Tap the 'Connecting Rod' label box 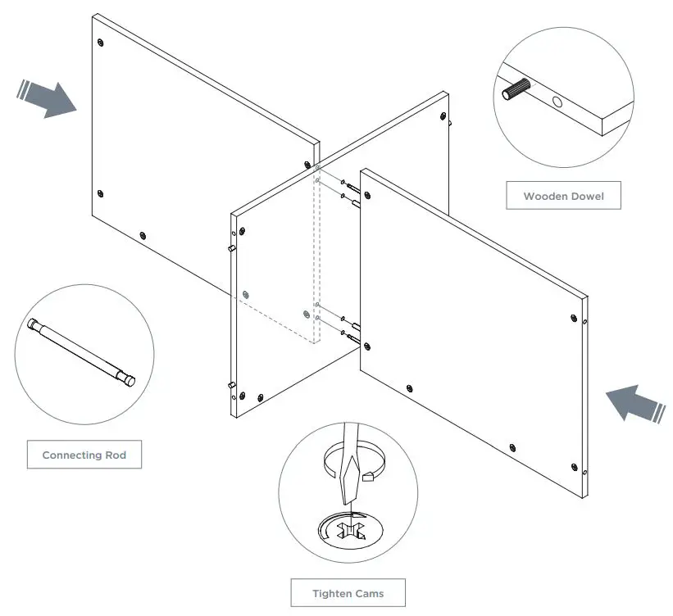click(x=84, y=455)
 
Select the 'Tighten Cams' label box click(x=348, y=592)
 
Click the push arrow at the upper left click(x=48, y=98)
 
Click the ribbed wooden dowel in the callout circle click(x=516, y=88)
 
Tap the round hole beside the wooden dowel click(x=558, y=103)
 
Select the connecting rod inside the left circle click(x=83, y=351)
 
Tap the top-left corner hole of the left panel click(x=100, y=42)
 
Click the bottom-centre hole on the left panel click(x=143, y=236)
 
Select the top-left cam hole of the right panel click(x=366, y=194)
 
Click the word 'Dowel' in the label click(x=582, y=197)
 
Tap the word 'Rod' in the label click(x=116, y=455)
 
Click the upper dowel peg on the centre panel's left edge click(x=231, y=247)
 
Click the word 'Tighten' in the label click(x=333, y=592)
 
